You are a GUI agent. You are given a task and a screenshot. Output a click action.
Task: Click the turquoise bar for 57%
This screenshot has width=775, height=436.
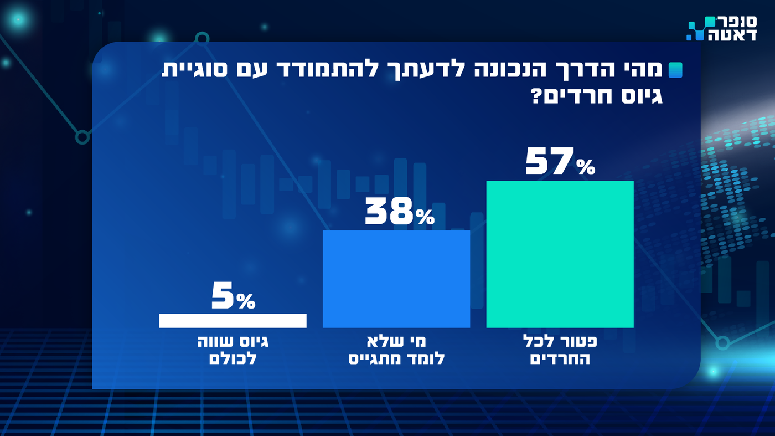tap(560, 254)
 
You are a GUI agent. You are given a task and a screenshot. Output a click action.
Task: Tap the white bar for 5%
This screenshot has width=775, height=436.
tap(232, 321)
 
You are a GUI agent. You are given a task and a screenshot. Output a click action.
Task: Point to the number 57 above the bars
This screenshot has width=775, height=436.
tap(547, 161)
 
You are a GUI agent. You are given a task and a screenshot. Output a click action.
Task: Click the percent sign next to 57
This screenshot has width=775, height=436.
tap(585, 166)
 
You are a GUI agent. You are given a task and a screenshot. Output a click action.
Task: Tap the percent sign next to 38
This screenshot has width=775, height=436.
tap(425, 217)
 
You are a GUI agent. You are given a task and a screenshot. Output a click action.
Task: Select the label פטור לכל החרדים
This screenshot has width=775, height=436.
tap(560, 350)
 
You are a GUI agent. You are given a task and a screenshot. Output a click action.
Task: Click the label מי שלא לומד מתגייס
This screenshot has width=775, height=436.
tap(396, 350)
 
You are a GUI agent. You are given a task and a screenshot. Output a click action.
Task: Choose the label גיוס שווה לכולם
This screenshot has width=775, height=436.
tap(232, 350)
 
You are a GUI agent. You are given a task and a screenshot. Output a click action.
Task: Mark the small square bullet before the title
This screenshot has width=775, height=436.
tap(675, 70)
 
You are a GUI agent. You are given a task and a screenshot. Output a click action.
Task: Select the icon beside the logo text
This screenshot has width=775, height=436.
tap(699, 29)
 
